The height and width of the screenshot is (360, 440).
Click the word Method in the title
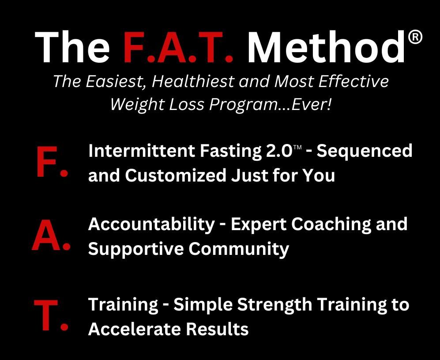click(327, 47)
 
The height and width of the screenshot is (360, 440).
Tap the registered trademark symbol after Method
click(415, 38)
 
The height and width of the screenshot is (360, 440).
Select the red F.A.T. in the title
click(178, 47)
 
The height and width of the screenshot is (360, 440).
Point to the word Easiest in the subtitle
click(116, 82)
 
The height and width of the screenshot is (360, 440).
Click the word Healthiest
click(193, 81)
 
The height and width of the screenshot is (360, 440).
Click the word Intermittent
click(142, 151)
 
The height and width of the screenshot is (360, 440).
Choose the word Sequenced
click(365, 152)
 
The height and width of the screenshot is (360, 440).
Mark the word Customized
click(176, 176)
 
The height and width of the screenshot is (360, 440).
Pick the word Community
click(239, 250)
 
